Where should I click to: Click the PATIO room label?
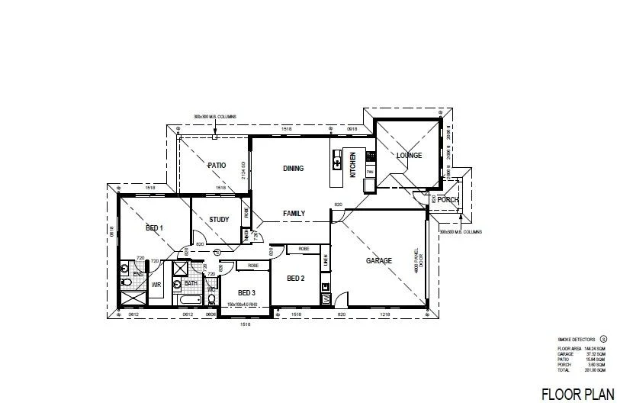(x=217, y=165)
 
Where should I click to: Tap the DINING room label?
(x=294, y=169)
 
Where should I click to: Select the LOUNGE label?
(x=409, y=156)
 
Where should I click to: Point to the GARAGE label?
(x=379, y=261)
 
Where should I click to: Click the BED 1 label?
(x=154, y=228)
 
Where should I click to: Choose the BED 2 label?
(x=296, y=279)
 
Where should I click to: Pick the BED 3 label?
(x=246, y=293)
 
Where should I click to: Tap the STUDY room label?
(x=220, y=220)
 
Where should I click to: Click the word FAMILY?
(x=294, y=214)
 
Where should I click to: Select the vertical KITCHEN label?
(x=352, y=165)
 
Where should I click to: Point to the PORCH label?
(x=448, y=200)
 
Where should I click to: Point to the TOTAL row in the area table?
(x=576, y=369)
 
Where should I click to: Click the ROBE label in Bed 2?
(x=303, y=249)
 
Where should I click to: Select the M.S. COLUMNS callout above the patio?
(x=215, y=116)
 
